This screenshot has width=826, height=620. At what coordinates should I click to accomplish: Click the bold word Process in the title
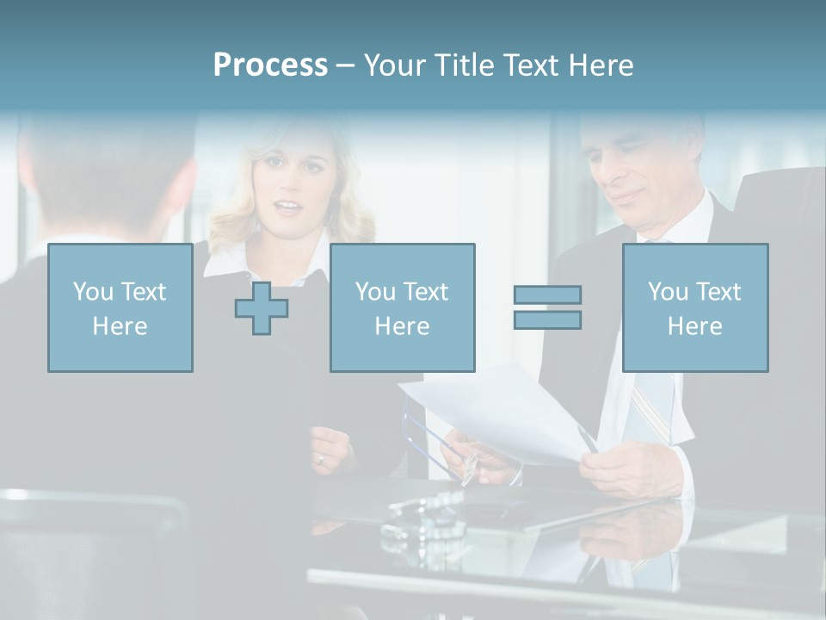(x=270, y=65)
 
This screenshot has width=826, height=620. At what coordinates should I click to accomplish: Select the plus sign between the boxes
(x=262, y=307)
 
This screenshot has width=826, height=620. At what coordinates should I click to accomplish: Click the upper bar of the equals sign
(x=547, y=294)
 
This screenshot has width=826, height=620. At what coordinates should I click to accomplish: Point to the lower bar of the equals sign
(x=547, y=319)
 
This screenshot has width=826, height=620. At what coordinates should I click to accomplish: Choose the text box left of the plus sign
(x=120, y=307)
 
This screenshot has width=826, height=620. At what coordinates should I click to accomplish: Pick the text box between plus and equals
(x=402, y=307)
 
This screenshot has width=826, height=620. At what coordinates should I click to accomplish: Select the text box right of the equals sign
(x=694, y=307)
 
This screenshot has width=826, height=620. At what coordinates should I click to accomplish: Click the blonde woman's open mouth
(x=288, y=208)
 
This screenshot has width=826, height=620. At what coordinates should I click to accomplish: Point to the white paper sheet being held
(x=499, y=413)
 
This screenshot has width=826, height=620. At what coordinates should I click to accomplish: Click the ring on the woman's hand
(x=320, y=458)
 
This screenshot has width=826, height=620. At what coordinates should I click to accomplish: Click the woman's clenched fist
(x=331, y=448)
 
